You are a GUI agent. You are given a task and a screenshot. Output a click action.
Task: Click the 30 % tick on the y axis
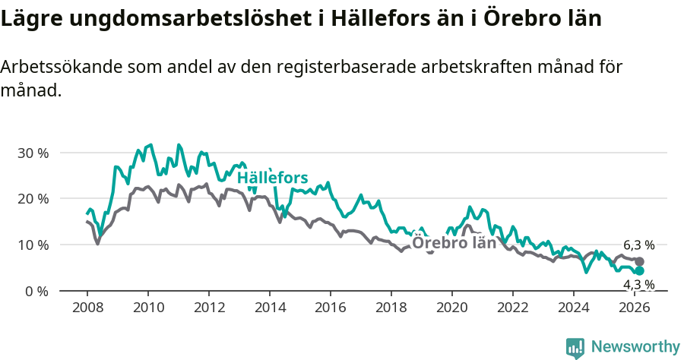pos(32,153)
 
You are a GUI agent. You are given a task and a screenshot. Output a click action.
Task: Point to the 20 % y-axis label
pos(32,199)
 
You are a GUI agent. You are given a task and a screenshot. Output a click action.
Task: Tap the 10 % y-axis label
pos(32,245)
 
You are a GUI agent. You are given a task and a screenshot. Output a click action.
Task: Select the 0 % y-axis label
pos(35,292)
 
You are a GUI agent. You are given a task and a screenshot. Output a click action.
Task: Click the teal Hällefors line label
pos(272,178)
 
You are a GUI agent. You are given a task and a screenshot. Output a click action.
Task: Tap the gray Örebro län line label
pos(454,243)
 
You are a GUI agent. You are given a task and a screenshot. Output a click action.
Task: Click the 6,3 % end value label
pos(638,245)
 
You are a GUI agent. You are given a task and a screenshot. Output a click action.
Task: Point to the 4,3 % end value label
pos(638,285)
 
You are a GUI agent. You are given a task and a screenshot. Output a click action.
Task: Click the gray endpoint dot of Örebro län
pos(639,262)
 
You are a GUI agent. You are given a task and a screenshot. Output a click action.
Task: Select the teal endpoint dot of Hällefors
pos(639,271)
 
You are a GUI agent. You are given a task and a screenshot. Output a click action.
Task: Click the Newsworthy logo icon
pos(575,348)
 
